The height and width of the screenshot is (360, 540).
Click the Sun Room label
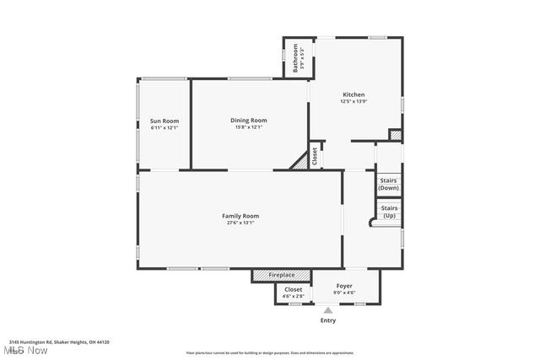click(165, 121)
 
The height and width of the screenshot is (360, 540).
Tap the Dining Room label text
click(248, 121)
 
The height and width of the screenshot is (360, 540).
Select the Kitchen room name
click(354, 94)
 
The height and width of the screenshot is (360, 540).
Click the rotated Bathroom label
click(296, 58)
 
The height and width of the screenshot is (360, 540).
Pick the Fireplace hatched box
click(282, 276)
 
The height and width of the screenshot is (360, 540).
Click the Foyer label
click(345, 287)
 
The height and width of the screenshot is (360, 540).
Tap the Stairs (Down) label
click(388, 184)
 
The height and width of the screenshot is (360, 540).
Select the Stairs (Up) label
click(389, 212)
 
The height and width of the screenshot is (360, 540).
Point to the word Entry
click(328, 320)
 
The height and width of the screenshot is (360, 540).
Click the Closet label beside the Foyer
click(293, 289)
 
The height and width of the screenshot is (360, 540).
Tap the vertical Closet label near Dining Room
click(316, 156)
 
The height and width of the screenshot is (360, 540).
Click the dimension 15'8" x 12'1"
click(248, 128)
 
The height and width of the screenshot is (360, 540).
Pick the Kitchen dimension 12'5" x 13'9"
click(354, 101)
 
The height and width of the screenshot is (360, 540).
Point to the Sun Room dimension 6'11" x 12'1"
click(165, 128)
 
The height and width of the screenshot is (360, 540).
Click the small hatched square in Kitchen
click(394, 135)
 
